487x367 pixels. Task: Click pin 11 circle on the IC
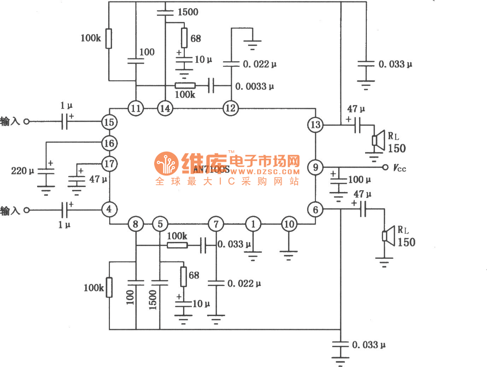point(136,108)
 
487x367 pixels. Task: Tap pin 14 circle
point(165,108)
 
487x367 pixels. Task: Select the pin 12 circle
point(230,108)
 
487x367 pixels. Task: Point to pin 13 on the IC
point(315,125)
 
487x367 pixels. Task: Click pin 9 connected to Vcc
point(315,167)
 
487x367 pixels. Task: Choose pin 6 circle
point(315,209)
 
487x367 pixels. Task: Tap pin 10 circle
point(289,224)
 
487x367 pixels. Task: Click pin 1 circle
point(253,224)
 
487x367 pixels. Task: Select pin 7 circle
point(216,224)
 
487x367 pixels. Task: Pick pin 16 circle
point(109,143)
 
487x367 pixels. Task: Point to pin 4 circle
point(109,209)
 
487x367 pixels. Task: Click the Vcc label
point(400,168)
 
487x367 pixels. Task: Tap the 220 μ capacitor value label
point(23,171)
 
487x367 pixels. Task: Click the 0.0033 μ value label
point(254,86)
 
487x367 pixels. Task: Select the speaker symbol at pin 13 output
point(378,140)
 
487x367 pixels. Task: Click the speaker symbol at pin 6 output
point(388,236)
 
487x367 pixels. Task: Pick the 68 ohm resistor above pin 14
point(184,37)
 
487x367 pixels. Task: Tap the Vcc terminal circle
point(385,167)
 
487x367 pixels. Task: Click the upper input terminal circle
point(27,122)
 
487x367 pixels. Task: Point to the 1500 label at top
point(188,12)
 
